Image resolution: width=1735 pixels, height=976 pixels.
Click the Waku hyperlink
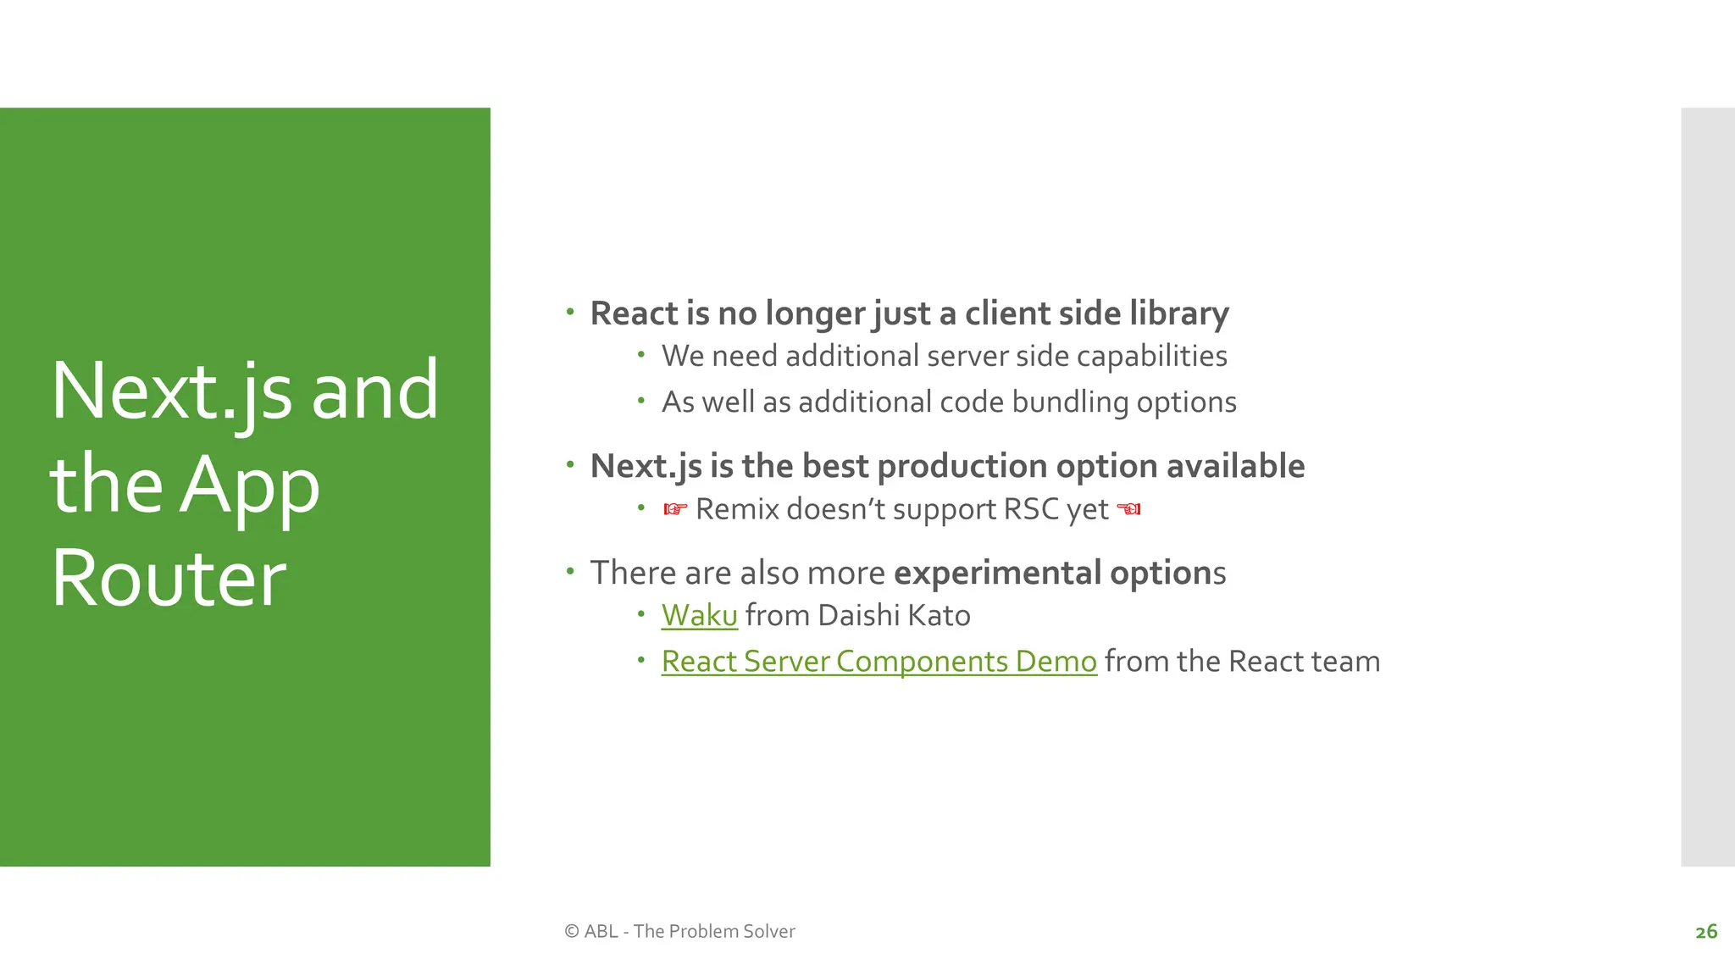[x=699, y=616]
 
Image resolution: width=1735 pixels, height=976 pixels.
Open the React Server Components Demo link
[x=879, y=662]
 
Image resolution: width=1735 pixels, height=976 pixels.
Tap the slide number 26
[x=1706, y=932]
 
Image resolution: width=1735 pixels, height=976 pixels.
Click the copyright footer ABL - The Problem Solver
[x=679, y=931]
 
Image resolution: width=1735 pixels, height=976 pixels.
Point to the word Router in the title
[x=169, y=579]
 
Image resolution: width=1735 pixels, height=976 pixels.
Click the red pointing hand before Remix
[x=674, y=509]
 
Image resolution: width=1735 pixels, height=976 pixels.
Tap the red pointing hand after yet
[x=1128, y=509]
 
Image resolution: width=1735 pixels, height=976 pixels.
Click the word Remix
[x=737, y=509]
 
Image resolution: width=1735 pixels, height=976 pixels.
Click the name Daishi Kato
[x=894, y=616]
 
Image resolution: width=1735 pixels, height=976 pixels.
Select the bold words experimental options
[x=1059, y=574]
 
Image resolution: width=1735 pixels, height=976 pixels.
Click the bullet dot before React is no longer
[x=570, y=312]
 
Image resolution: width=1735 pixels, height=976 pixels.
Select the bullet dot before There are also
[x=570, y=571]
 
